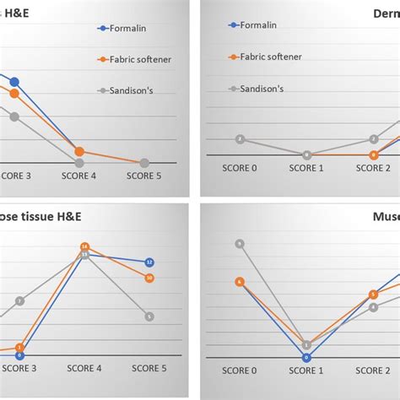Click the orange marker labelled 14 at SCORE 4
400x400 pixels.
pos(84,247)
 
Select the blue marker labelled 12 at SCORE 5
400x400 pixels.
pos(149,262)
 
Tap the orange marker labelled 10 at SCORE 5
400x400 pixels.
pos(149,277)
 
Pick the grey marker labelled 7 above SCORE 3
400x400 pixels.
pos(19,300)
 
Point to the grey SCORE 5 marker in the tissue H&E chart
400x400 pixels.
pos(149,316)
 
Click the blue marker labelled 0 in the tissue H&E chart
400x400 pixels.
pos(19,355)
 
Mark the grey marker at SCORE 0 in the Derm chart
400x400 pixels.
pos(240,139)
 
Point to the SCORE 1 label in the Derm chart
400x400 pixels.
pos(305,167)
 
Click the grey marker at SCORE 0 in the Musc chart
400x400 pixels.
pos(240,244)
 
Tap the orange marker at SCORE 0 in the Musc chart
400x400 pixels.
pos(240,282)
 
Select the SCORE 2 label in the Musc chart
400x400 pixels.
pos(372,370)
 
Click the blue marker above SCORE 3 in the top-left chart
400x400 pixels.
pos(14,82)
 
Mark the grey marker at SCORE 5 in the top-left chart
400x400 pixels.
pos(144,163)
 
